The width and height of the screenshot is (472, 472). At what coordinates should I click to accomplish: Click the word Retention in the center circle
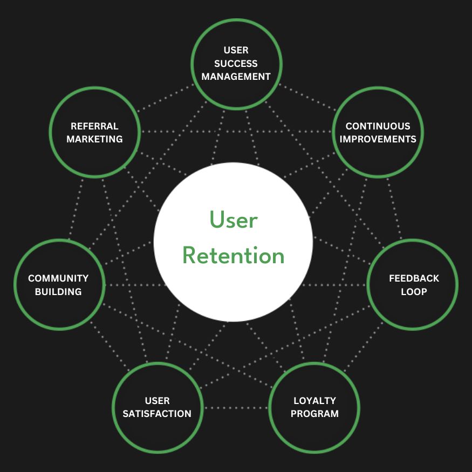point(233,255)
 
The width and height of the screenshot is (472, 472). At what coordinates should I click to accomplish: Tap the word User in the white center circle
point(233,220)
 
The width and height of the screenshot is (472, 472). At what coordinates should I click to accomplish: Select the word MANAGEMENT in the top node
point(236,77)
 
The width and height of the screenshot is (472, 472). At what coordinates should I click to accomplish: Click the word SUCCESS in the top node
point(236,64)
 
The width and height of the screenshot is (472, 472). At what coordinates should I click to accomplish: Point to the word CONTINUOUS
point(378,126)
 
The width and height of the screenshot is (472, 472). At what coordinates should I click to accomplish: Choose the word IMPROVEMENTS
point(378,139)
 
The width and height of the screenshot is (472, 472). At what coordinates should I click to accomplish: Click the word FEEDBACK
point(414,278)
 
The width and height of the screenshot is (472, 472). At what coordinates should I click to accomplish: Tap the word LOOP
point(414,292)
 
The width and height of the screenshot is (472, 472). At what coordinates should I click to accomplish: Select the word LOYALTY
point(314,401)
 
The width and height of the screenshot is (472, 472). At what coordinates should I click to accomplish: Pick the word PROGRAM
point(314,414)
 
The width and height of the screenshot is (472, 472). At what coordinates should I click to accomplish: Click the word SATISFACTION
point(157,414)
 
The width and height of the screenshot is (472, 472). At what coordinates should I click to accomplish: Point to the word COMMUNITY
point(58,278)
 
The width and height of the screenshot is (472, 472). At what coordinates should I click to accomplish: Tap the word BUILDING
point(58,292)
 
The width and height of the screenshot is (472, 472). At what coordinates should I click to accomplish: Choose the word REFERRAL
point(94,126)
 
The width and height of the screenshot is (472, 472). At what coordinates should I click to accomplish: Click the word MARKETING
point(94,139)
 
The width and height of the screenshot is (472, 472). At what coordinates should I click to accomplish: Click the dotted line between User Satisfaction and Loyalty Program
point(236,407)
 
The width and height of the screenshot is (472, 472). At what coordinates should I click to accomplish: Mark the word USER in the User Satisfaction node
point(157,401)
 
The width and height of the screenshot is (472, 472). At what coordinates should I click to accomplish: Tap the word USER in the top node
point(236,50)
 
